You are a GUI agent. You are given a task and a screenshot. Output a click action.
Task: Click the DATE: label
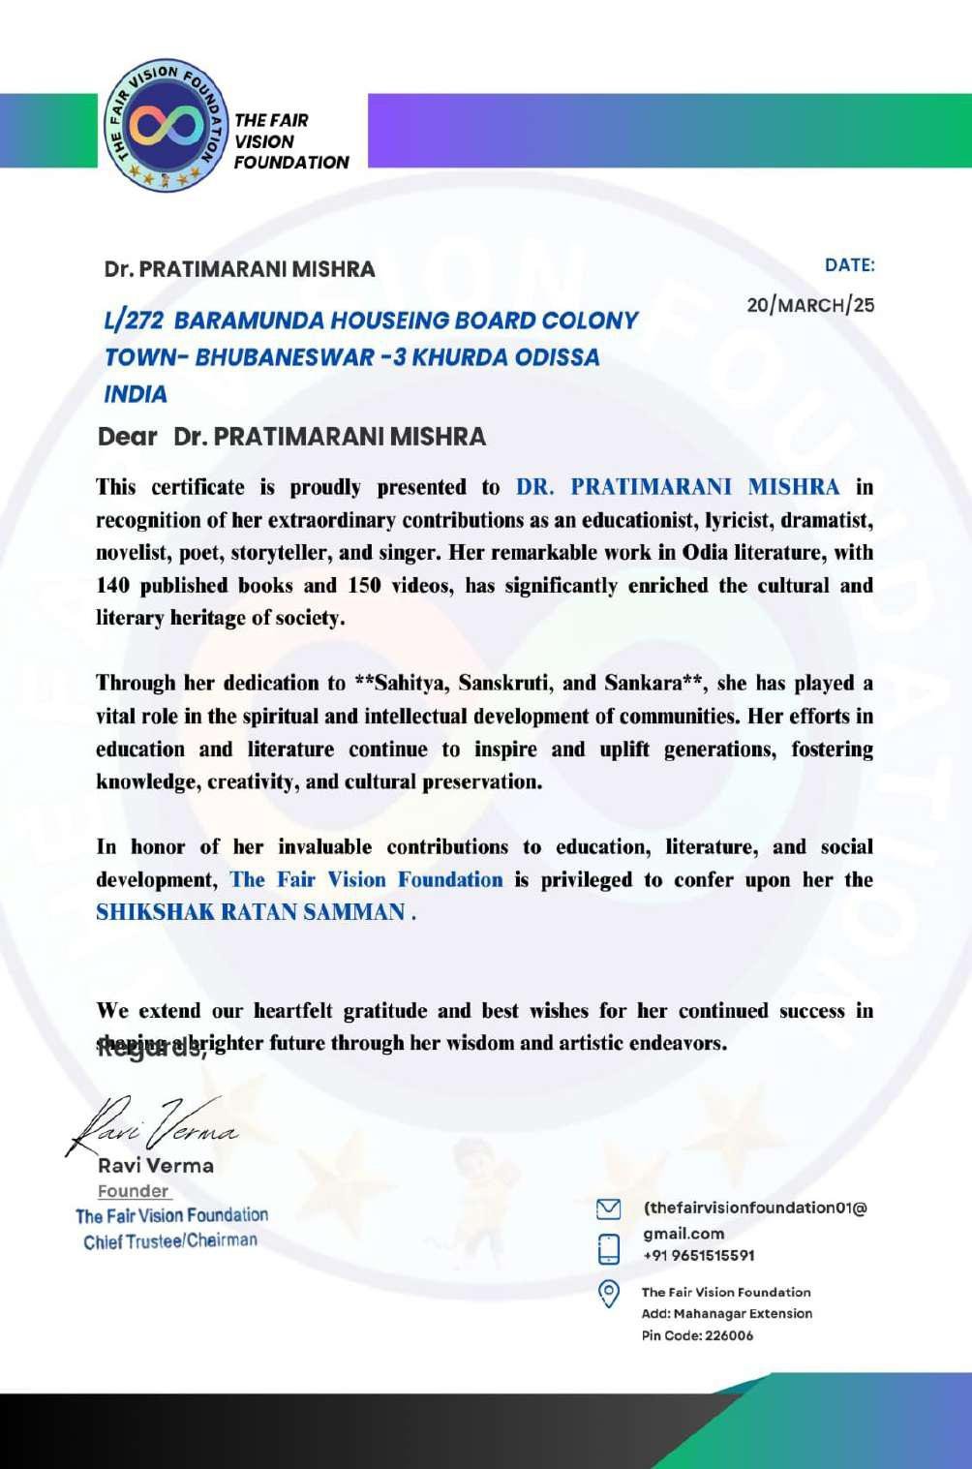click(849, 265)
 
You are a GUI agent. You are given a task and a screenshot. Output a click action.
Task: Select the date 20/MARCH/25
click(810, 305)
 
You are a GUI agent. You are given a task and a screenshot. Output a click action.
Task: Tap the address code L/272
click(133, 321)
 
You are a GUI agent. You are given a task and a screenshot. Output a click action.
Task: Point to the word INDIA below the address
click(136, 394)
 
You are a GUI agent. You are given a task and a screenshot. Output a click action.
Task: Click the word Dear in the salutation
click(128, 437)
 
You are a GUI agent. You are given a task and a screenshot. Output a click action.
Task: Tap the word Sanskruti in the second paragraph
click(504, 684)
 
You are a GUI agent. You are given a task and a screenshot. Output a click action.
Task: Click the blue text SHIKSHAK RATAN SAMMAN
click(251, 912)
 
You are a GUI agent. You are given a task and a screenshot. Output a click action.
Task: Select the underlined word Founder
click(134, 1191)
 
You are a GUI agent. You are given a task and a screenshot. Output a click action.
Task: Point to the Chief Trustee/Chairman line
click(170, 1240)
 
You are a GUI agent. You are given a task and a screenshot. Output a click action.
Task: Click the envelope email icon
click(608, 1209)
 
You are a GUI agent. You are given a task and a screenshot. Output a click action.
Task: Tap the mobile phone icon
click(608, 1248)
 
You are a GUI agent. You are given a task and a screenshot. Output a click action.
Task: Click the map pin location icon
click(608, 1294)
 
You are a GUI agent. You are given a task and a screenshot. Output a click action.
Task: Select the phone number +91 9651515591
click(699, 1256)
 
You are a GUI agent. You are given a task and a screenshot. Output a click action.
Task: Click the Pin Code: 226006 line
click(697, 1335)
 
